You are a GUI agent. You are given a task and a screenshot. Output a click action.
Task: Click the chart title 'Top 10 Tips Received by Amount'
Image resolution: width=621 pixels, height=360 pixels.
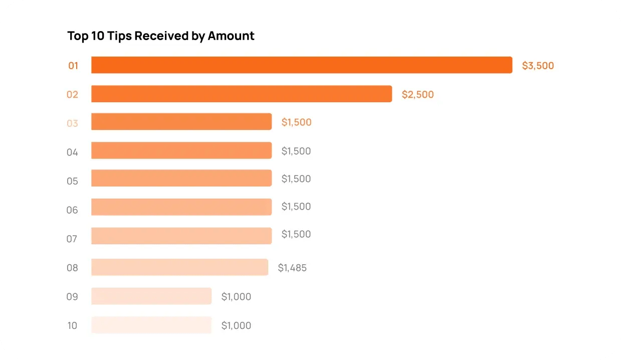[161, 36]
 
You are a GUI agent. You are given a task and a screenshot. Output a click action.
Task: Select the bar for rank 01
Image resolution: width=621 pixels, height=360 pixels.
[301, 65]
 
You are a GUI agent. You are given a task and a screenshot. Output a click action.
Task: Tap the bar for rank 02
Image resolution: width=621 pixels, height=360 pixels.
[241, 94]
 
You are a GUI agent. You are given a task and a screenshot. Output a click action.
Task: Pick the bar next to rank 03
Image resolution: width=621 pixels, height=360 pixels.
[181, 122]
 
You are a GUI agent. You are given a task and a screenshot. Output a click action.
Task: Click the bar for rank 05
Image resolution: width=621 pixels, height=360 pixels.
[181, 178]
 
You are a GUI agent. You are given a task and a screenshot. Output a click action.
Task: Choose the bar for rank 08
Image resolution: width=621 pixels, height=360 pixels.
[179, 267]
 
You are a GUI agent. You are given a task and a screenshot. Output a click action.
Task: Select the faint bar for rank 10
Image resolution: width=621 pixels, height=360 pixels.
[151, 325]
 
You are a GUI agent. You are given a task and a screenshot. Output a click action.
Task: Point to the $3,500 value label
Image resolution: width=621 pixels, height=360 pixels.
[538, 66]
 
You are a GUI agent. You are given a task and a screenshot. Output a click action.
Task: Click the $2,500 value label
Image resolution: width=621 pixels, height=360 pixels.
[418, 94]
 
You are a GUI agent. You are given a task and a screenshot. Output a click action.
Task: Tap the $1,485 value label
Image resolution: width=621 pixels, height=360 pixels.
[292, 268]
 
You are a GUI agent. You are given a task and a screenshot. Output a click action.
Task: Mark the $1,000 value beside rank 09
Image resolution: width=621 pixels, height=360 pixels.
[236, 297]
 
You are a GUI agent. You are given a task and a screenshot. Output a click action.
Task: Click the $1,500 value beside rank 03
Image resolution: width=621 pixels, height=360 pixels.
[296, 122]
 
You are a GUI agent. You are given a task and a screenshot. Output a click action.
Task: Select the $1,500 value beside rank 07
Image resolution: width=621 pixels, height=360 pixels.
[296, 234]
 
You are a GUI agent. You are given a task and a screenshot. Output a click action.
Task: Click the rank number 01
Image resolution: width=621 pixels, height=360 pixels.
[73, 66]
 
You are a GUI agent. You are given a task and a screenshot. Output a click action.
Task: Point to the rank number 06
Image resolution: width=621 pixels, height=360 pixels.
[72, 210]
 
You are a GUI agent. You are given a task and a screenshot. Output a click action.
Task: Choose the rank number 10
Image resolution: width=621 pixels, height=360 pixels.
[72, 326]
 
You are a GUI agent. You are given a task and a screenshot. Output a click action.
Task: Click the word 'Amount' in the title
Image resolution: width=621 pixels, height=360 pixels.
[231, 36]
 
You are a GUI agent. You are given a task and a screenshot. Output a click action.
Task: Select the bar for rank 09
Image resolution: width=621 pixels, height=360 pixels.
[151, 296]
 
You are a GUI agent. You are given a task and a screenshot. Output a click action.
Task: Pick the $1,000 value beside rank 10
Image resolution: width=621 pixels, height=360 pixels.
[236, 326]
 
